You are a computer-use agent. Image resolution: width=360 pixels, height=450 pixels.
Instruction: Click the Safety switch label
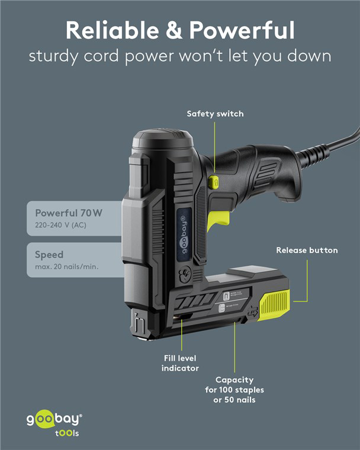[x=215, y=114]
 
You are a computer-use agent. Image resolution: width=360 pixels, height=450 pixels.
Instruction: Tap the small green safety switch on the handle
[x=214, y=181]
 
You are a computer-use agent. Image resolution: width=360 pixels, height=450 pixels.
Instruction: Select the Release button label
[x=307, y=250]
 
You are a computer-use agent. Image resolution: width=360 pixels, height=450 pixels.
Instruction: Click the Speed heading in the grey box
[x=49, y=255]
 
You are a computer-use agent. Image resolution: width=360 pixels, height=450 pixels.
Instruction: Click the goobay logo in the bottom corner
[x=54, y=419]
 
